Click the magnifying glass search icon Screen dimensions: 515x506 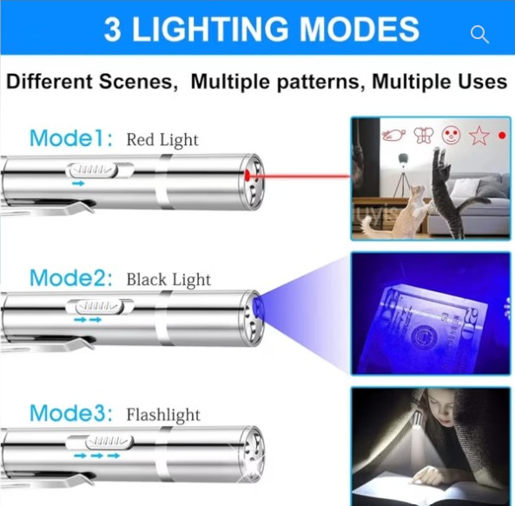(479, 35)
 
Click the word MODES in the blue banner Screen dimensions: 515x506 (360, 30)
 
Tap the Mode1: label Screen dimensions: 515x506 (71, 138)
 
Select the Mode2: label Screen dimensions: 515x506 (71, 278)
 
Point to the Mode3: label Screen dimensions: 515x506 (71, 413)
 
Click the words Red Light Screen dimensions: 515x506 (162, 140)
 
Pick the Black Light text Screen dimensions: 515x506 (168, 280)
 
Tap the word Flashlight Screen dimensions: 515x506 (163, 415)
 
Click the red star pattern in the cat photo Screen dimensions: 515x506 (479, 136)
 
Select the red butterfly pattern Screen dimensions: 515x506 (423, 135)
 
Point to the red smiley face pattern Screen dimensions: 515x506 (451, 135)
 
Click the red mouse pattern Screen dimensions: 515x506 (393, 135)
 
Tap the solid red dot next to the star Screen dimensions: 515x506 (502, 135)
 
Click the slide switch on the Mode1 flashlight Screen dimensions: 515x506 (91, 170)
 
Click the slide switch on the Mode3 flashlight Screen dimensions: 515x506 (109, 442)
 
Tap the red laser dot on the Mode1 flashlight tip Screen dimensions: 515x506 (247, 176)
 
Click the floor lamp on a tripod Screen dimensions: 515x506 (401, 176)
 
